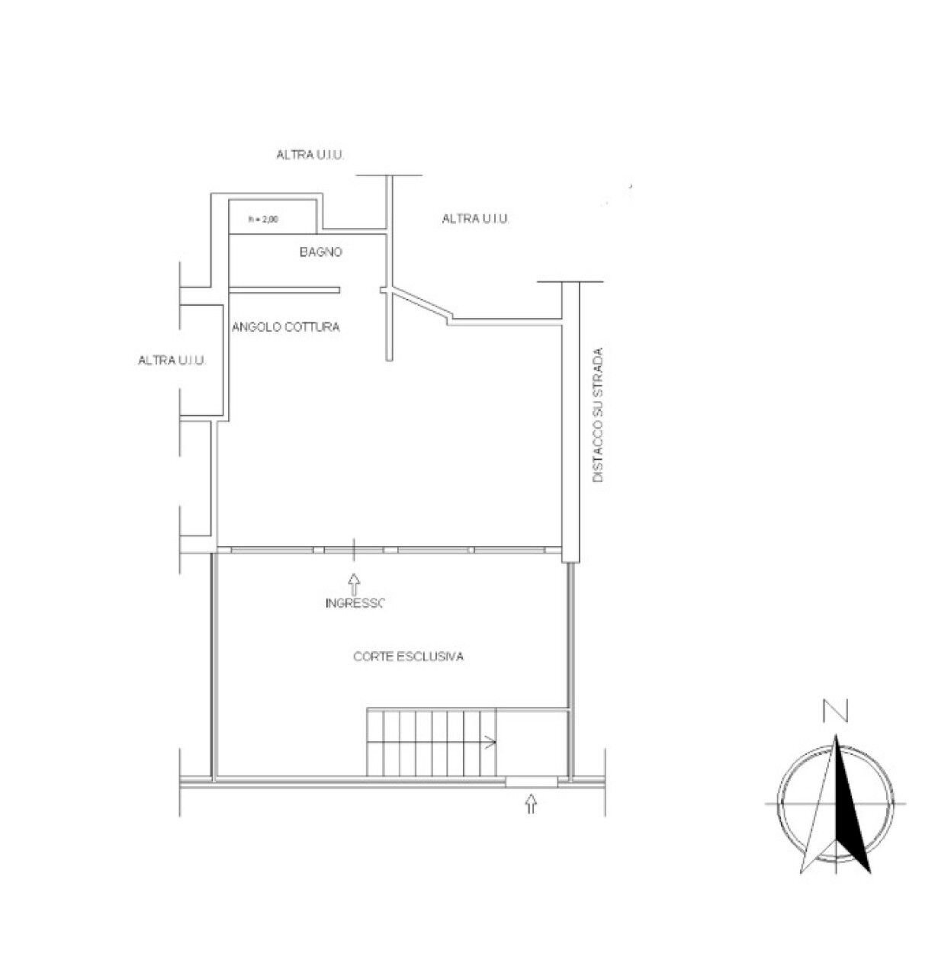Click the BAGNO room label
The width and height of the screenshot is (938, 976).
(320, 252)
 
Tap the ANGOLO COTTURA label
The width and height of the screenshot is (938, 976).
(285, 327)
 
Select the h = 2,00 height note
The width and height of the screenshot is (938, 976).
(264, 220)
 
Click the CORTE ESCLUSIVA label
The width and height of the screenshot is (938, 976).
(409, 657)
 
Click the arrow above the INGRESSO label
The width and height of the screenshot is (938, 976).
(354, 584)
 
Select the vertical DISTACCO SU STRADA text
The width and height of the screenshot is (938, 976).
(598, 415)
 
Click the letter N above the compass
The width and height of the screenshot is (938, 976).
(835, 711)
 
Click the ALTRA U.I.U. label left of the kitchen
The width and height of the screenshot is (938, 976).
(172, 360)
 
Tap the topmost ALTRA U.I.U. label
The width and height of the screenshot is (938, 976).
(310, 155)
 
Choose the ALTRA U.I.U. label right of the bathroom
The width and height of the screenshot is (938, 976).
(476, 219)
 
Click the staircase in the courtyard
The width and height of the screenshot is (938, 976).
(432, 742)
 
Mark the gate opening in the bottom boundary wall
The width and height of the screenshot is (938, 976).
(531, 780)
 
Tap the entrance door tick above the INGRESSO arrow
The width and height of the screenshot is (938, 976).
(353, 550)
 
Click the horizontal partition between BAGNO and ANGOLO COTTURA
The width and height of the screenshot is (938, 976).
(284, 290)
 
